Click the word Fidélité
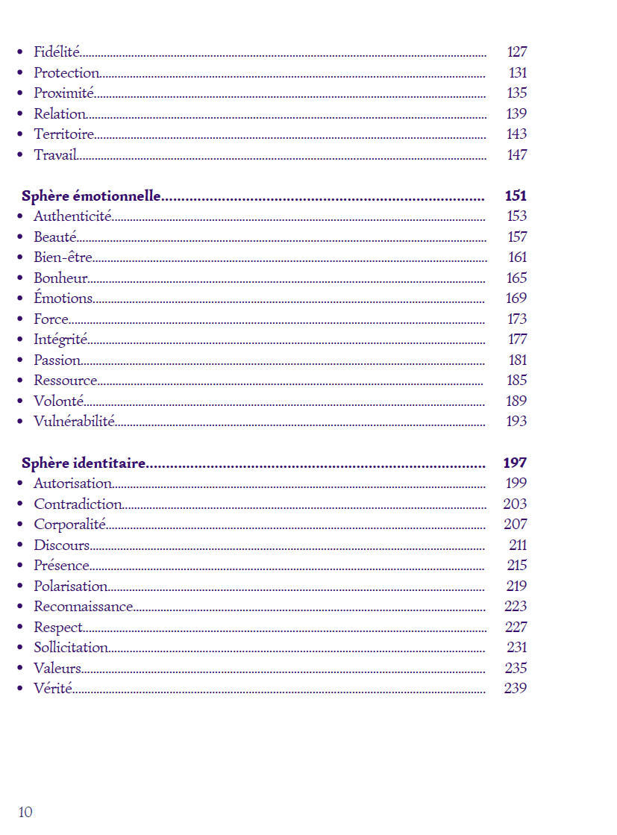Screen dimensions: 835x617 [57, 52]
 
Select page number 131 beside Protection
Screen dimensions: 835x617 [518, 73]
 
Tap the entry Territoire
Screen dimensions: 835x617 [64, 134]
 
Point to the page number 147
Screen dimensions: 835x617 [517, 155]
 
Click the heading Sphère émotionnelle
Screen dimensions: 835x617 [91, 196]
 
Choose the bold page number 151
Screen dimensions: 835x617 [516, 196]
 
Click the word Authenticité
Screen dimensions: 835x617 [72, 216]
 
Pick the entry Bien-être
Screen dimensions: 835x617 [63, 257]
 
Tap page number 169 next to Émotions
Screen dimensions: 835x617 [516, 298]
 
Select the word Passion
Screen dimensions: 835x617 [57, 360]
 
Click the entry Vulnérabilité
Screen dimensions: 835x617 [74, 422]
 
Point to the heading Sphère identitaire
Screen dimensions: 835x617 [84, 463]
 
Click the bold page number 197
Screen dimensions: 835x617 [515, 463]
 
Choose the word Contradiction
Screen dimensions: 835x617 [78, 504]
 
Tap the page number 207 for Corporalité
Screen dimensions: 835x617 [515, 525]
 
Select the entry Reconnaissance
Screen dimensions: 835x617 [84, 607]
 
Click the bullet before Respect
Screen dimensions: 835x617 [19, 628]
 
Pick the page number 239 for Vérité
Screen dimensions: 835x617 [515, 689]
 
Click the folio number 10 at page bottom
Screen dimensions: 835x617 [25, 813]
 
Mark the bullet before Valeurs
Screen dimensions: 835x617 [19, 669]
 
